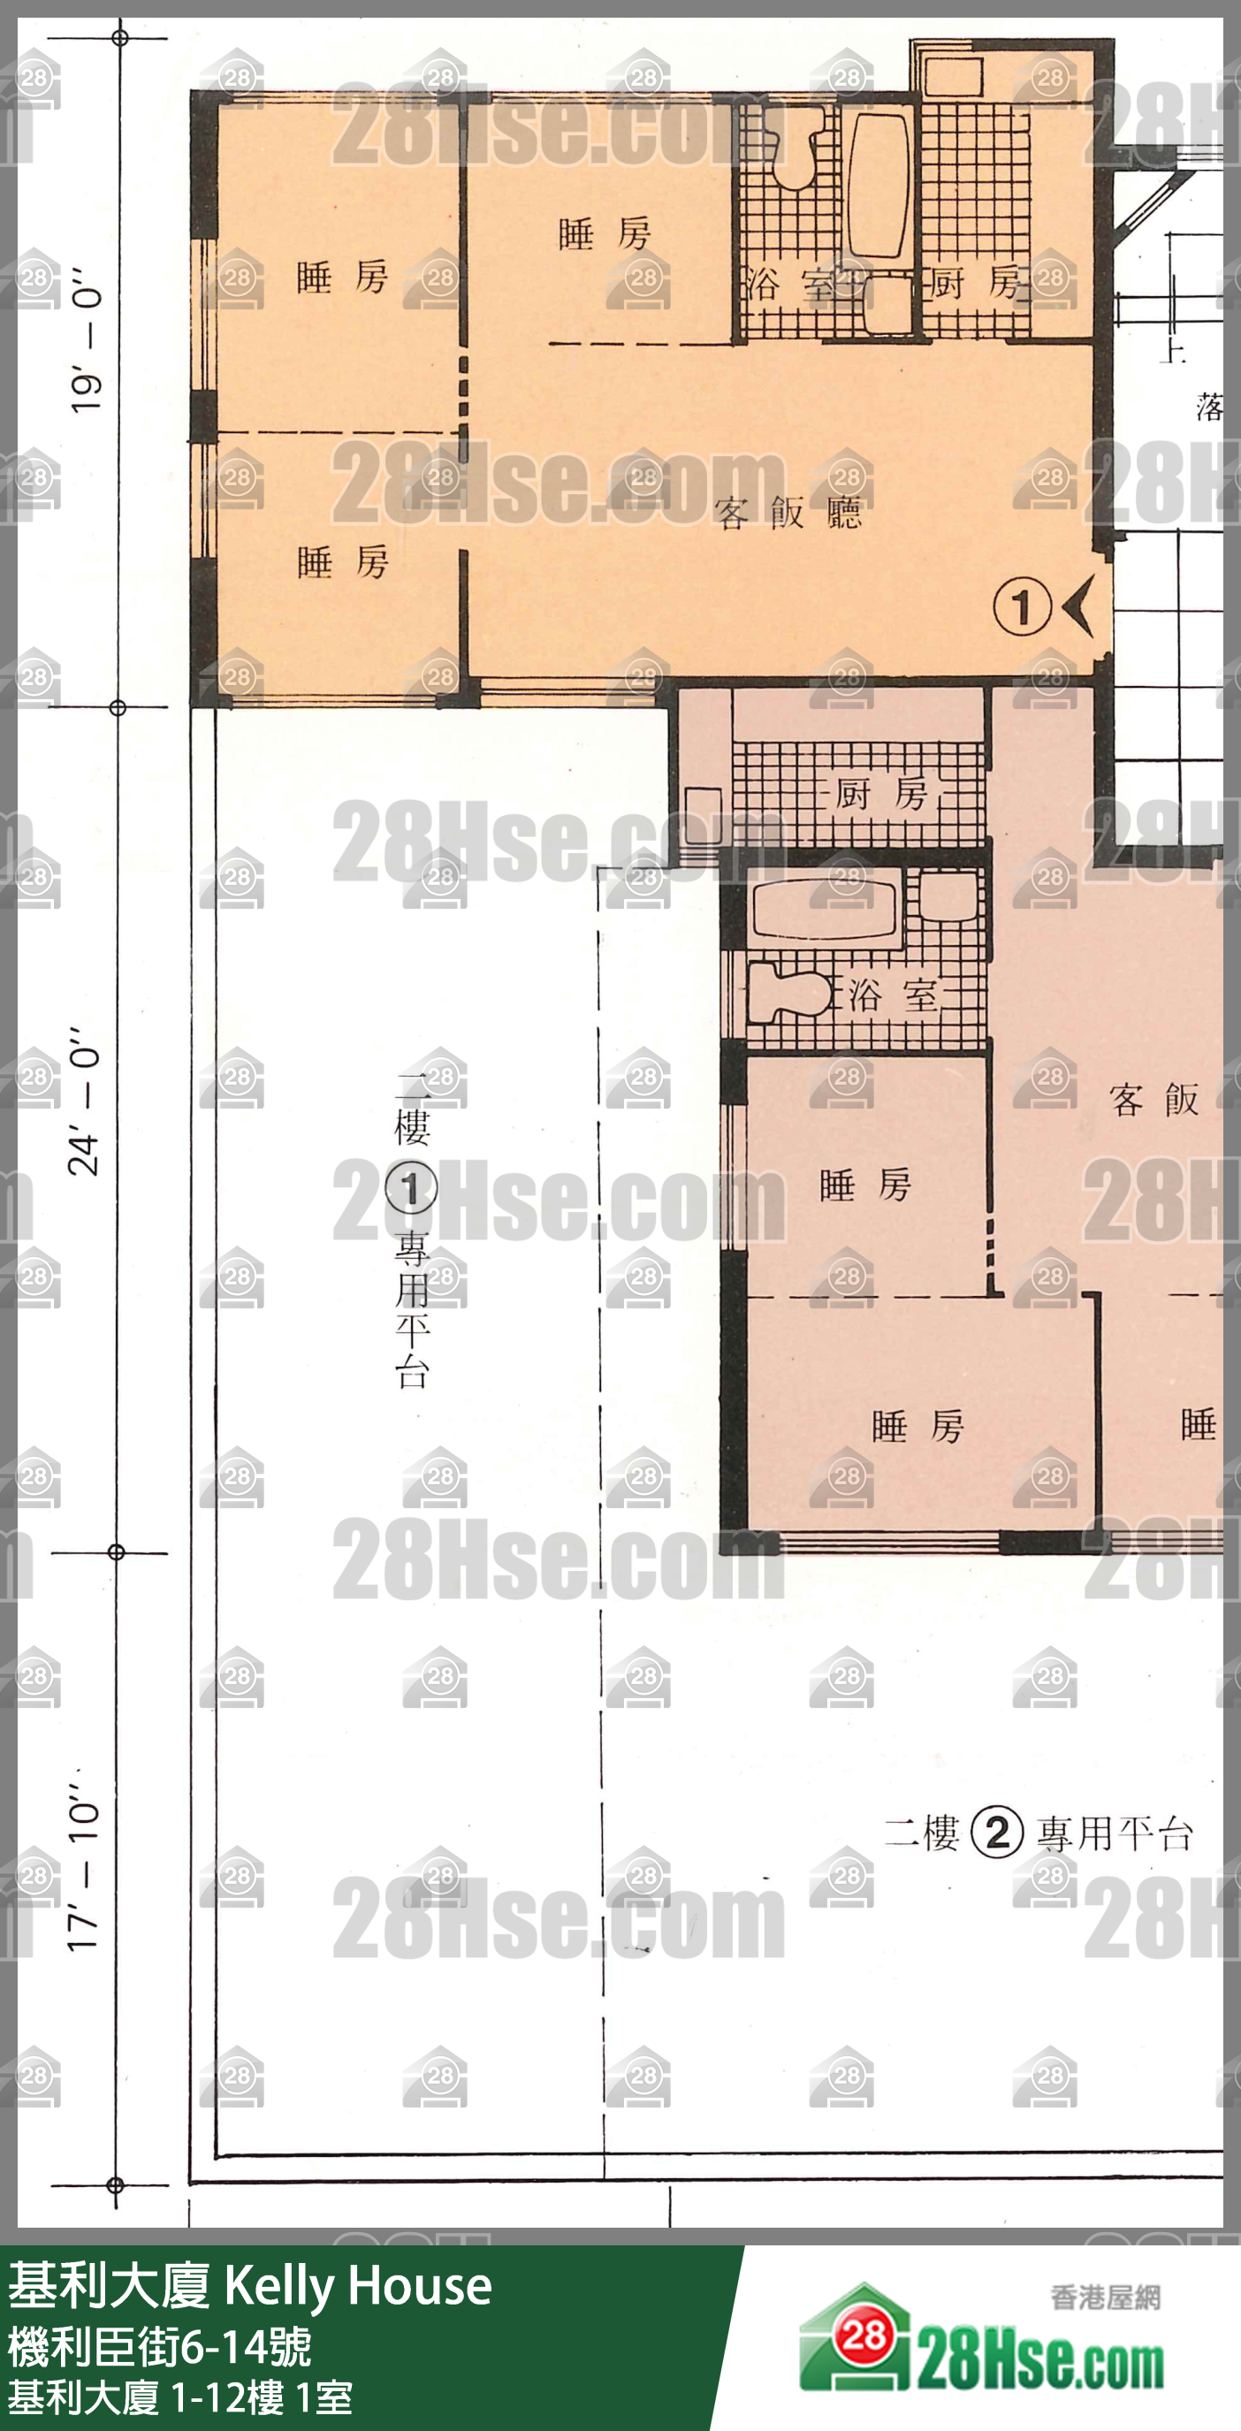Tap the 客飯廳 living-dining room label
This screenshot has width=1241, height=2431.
coord(788,513)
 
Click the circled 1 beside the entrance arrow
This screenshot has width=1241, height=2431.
coord(1022,606)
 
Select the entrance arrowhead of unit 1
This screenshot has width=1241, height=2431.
coord(1077,606)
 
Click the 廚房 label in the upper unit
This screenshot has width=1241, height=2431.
coord(977,282)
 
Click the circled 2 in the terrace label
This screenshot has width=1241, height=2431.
coord(996,1833)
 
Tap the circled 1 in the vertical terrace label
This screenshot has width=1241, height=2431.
coord(412,1188)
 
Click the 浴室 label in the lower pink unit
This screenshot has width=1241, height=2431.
coord(893,994)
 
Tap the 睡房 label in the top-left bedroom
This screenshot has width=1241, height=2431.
coord(343,278)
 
